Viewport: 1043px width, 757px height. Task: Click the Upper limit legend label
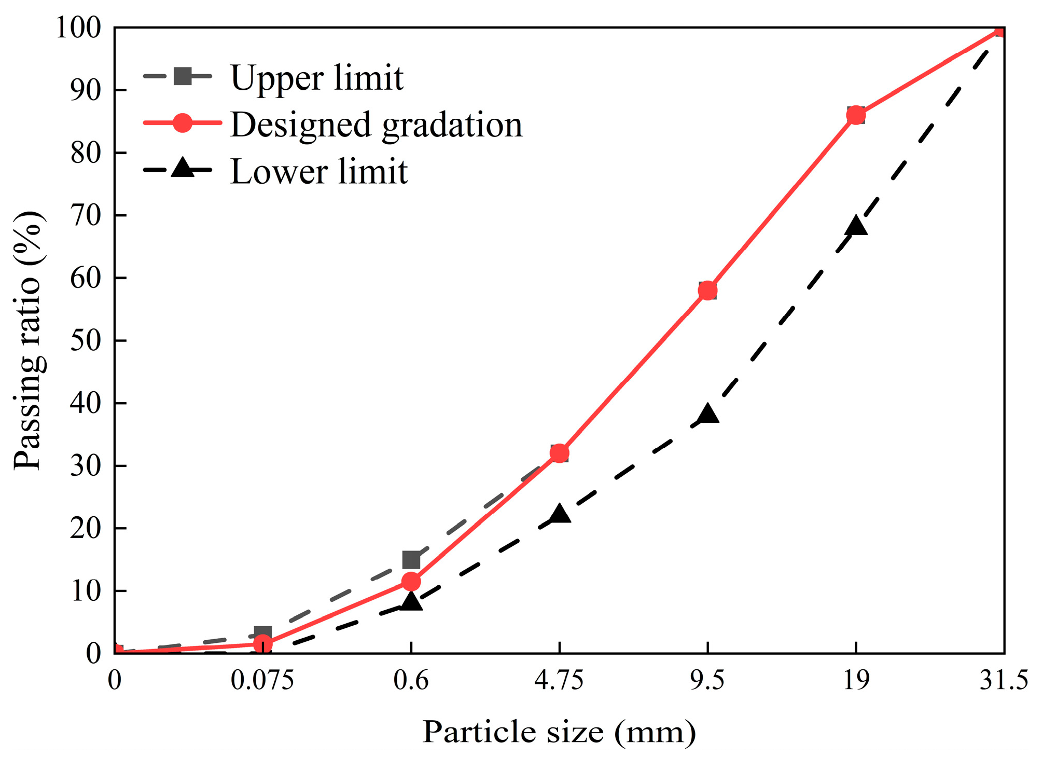316,79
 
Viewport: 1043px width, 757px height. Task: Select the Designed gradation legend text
376,125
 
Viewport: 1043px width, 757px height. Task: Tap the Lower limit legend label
318,172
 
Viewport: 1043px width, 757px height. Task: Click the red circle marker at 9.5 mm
707,290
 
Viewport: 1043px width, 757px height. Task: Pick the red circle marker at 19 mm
856,115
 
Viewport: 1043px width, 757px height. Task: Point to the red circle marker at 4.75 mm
559,453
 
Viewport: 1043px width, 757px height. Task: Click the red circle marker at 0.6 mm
411,582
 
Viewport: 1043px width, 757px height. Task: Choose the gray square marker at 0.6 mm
411,560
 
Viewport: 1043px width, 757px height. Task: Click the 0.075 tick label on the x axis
262,680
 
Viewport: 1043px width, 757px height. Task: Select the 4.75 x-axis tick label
559,680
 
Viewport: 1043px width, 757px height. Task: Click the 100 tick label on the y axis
78,27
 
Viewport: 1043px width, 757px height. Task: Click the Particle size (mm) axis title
559,732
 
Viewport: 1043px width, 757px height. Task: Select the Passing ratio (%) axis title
29,340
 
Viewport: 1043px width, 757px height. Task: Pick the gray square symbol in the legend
183,76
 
